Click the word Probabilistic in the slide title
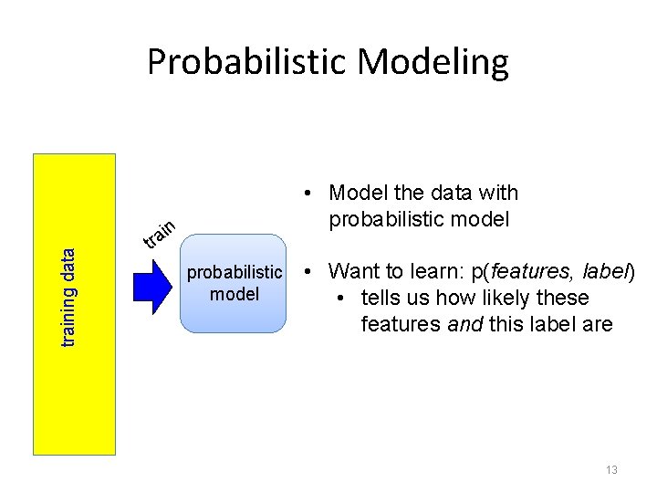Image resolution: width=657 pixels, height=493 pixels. click(x=246, y=62)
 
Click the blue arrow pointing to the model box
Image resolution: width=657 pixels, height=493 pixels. click(x=152, y=284)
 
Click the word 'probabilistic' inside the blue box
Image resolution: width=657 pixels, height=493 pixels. click(x=235, y=272)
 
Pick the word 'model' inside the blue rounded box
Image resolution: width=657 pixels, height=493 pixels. click(x=235, y=294)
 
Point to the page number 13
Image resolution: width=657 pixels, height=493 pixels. click(x=610, y=469)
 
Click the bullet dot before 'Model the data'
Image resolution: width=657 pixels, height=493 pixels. click(x=311, y=194)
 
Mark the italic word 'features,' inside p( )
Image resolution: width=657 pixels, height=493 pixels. click(x=528, y=271)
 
